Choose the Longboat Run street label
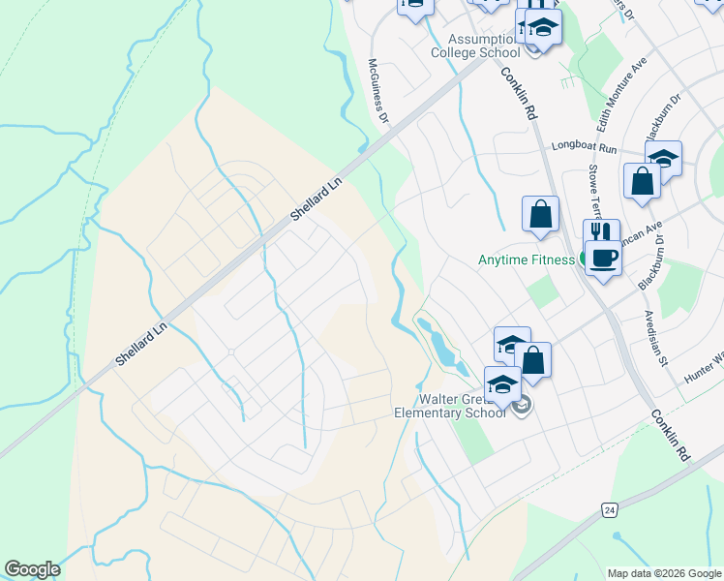click(x=584, y=147)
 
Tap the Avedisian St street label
click(x=657, y=338)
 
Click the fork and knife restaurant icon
click(x=600, y=233)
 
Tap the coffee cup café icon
click(x=604, y=259)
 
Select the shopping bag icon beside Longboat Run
click(x=642, y=180)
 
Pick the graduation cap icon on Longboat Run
click(x=664, y=158)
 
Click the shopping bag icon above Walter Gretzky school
click(x=532, y=359)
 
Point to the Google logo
click(x=33, y=569)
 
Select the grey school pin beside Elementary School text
click(x=524, y=407)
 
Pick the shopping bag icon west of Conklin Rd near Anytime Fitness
click(x=540, y=214)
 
